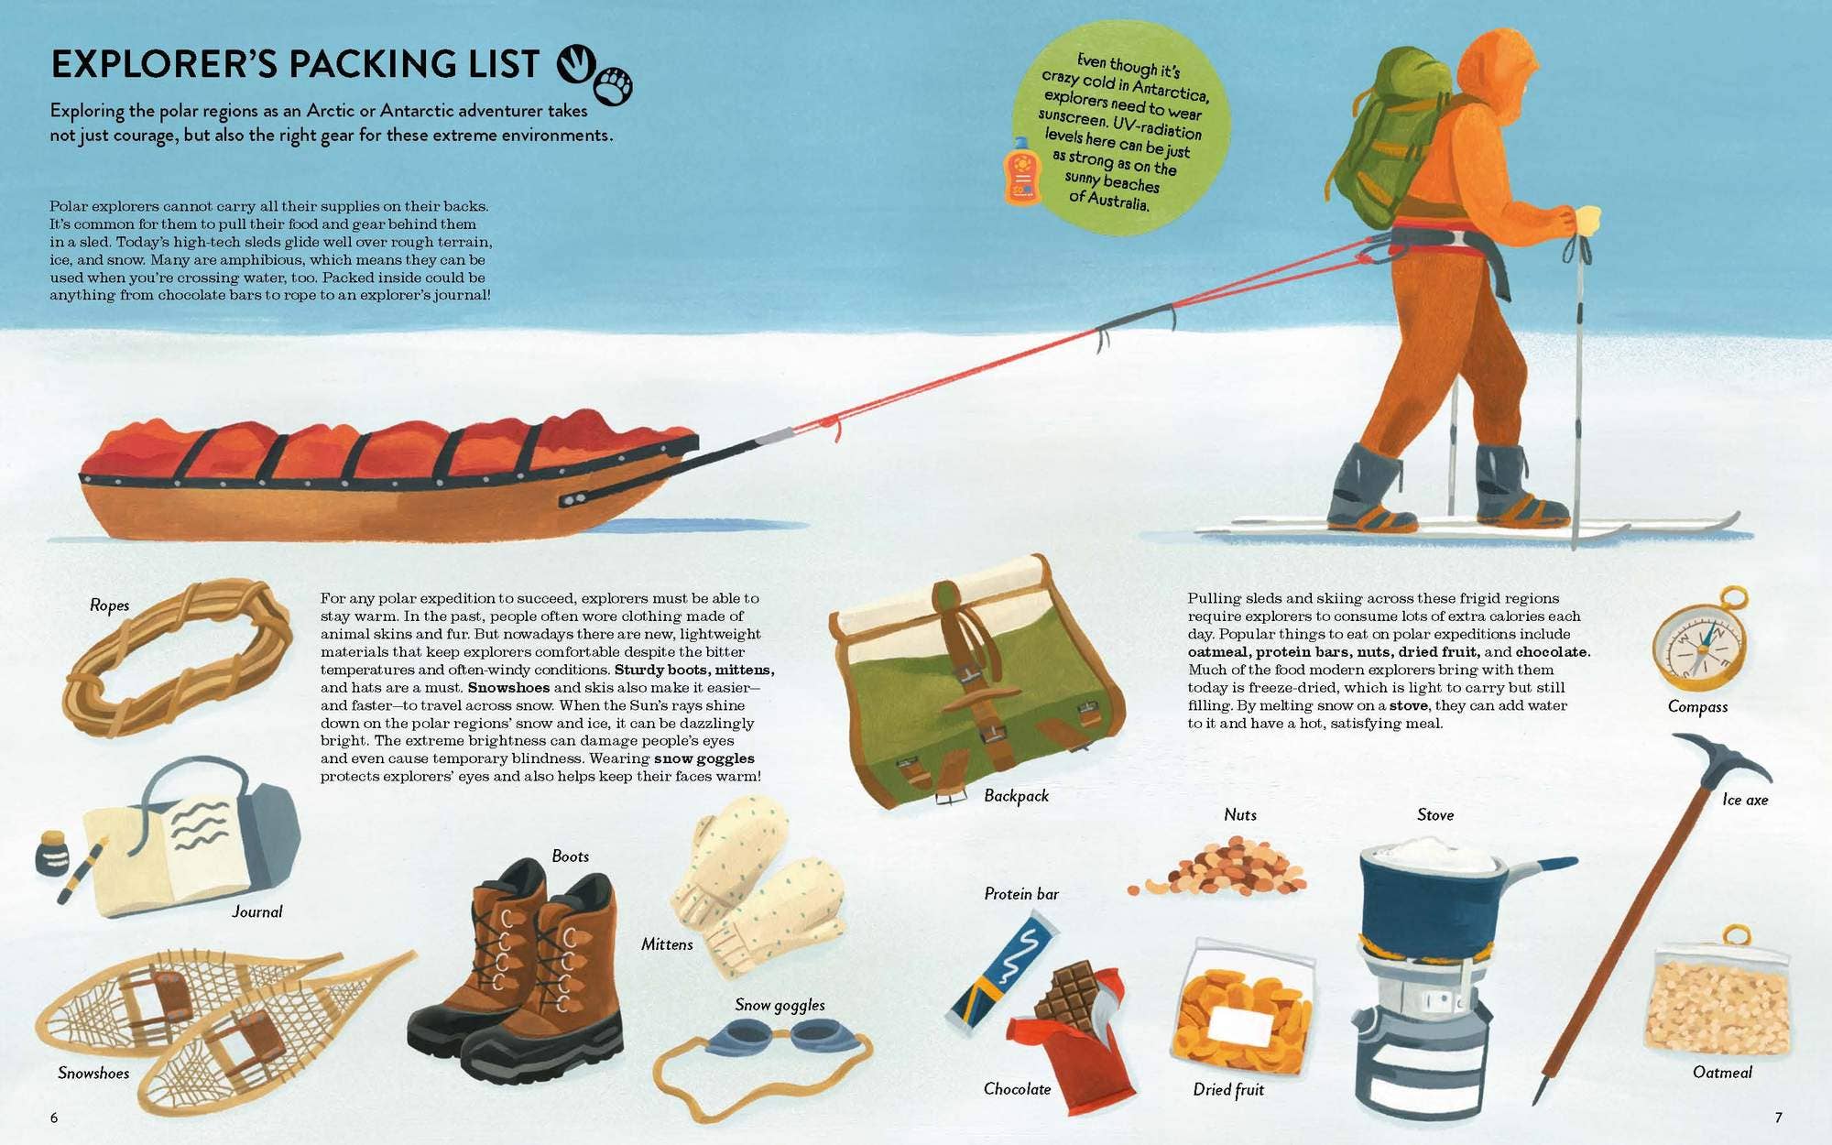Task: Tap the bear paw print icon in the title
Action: (613, 86)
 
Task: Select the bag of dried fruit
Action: (1244, 1008)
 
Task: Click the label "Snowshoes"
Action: (93, 1073)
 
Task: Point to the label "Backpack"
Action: (1016, 795)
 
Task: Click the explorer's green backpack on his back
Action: (1388, 135)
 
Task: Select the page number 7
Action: (1778, 1118)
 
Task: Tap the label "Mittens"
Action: (667, 943)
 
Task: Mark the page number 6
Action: (54, 1118)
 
